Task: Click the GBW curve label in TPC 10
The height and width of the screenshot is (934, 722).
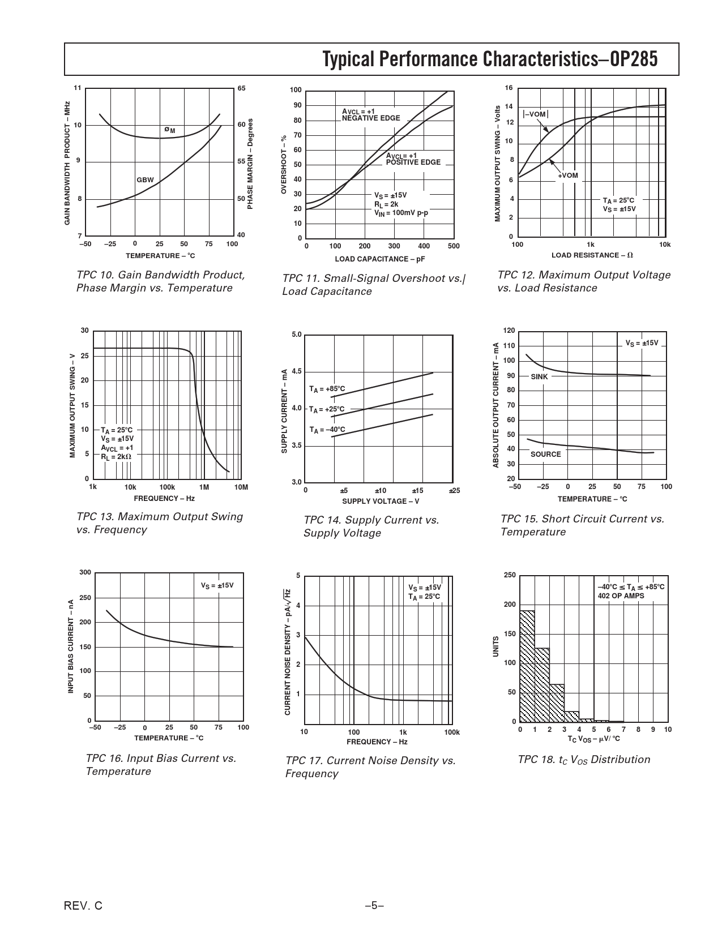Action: pyautogui.click(x=145, y=179)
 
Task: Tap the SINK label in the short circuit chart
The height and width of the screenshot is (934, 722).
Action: pyautogui.click(x=539, y=376)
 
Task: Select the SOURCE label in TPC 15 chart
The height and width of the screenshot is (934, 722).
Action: pyautogui.click(x=545, y=454)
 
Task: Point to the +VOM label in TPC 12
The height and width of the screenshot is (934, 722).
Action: pyautogui.click(x=568, y=175)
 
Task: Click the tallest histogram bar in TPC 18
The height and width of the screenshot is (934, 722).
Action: pyautogui.click(x=527, y=666)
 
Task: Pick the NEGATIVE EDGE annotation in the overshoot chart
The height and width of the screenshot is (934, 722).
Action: pyautogui.click(x=371, y=118)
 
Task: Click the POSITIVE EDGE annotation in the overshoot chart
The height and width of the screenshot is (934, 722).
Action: pyautogui.click(x=413, y=162)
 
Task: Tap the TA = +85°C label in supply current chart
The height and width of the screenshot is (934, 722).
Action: pyautogui.click(x=327, y=389)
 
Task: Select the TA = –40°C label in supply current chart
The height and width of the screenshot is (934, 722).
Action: pyautogui.click(x=327, y=430)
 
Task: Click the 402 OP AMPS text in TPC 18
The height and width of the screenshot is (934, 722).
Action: pyautogui.click(x=621, y=595)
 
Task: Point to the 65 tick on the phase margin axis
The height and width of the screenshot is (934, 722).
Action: pyautogui.click(x=241, y=88)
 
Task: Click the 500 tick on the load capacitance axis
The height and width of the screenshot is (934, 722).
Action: pyautogui.click(x=453, y=246)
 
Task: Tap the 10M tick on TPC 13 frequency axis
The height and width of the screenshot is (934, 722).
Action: pyautogui.click(x=241, y=487)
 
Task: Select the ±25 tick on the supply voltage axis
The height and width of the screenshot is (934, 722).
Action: pyautogui.click(x=454, y=490)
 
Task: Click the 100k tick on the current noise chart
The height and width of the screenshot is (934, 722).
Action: pyautogui.click(x=451, y=732)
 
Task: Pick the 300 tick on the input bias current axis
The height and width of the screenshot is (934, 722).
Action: pyautogui.click(x=85, y=573)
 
